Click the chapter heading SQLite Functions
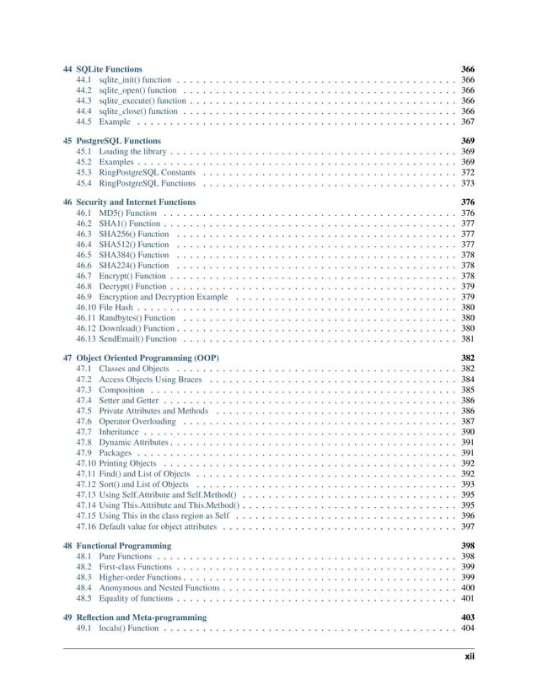108,67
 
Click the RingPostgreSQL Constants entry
148,171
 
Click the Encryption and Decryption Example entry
163,297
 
